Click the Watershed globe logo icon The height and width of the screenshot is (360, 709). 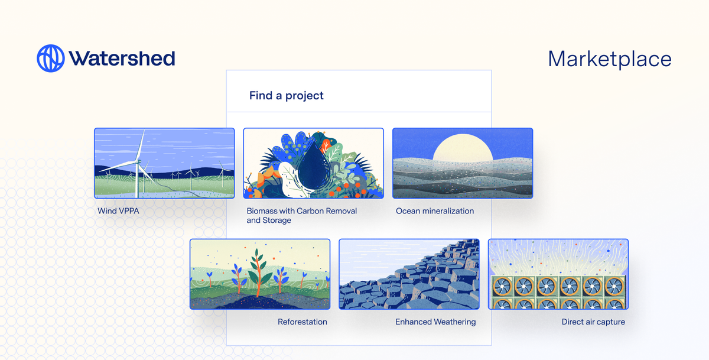(50, 59)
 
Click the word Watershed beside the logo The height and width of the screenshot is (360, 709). (122, 59)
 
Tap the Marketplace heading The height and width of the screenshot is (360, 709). (610, 59)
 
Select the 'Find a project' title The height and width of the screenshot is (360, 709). (287, 95)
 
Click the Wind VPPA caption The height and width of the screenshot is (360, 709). (118, 211)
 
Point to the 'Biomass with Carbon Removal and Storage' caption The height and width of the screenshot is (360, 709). (301, 215)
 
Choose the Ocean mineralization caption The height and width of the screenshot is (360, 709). (435, 211)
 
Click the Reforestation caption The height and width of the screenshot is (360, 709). (303, 322)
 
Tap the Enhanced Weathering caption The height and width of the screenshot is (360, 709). (435, 322)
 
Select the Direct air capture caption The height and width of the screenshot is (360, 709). (593, 322)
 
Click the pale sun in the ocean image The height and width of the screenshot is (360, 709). (463, 148)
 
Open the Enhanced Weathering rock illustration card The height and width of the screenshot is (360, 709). (409, 274)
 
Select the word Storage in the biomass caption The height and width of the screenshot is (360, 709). (278, 220)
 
